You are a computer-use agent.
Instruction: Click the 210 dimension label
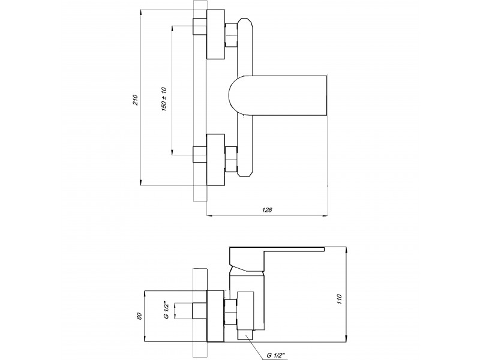(136, 98)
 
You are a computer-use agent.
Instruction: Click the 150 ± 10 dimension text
(163, 97)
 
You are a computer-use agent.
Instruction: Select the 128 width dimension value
(268, 210)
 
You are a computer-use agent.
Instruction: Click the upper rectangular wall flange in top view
(215, 35)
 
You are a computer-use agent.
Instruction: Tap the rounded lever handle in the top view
(279, 95)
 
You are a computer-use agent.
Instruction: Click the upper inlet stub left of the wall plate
(199, 29)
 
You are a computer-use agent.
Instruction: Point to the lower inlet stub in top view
(199, 155)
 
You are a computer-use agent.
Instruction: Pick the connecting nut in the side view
(230, 312)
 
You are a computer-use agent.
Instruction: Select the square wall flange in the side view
(215, 314)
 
